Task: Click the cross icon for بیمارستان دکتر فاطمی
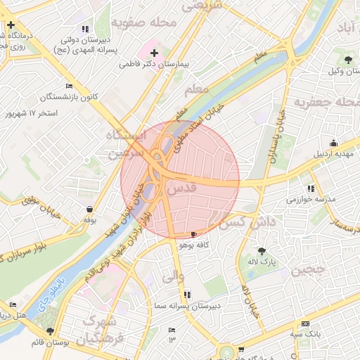[154, 53]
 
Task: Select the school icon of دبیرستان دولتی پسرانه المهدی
[85, 30]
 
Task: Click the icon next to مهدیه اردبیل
[333, 143]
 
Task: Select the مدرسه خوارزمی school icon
[311, 188]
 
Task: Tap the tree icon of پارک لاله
[262, 250]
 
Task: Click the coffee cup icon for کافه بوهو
[194, 233]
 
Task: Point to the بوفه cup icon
[90, 209]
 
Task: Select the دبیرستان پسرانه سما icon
[186, 295]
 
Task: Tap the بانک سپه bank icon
[304, 323]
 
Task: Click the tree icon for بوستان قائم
[49, 330]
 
